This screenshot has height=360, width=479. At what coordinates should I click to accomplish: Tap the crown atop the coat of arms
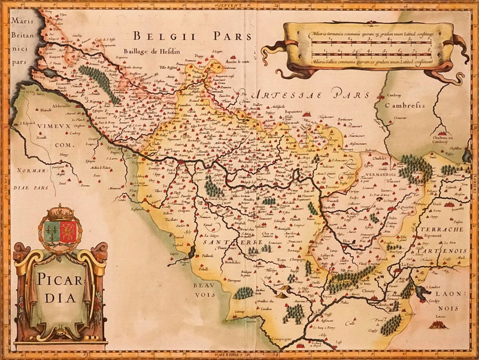point(60,212)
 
